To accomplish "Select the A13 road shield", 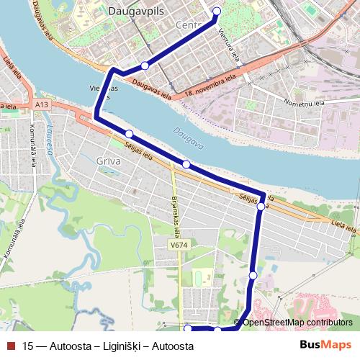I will point(41,105).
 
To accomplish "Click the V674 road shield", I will point(179,246).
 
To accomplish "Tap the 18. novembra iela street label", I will point(210,85).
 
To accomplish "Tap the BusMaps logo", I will point(325,345).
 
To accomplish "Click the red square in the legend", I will point(9,346).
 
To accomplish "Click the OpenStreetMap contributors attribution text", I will point(297,322).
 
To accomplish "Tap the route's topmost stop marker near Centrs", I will point(217,11).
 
